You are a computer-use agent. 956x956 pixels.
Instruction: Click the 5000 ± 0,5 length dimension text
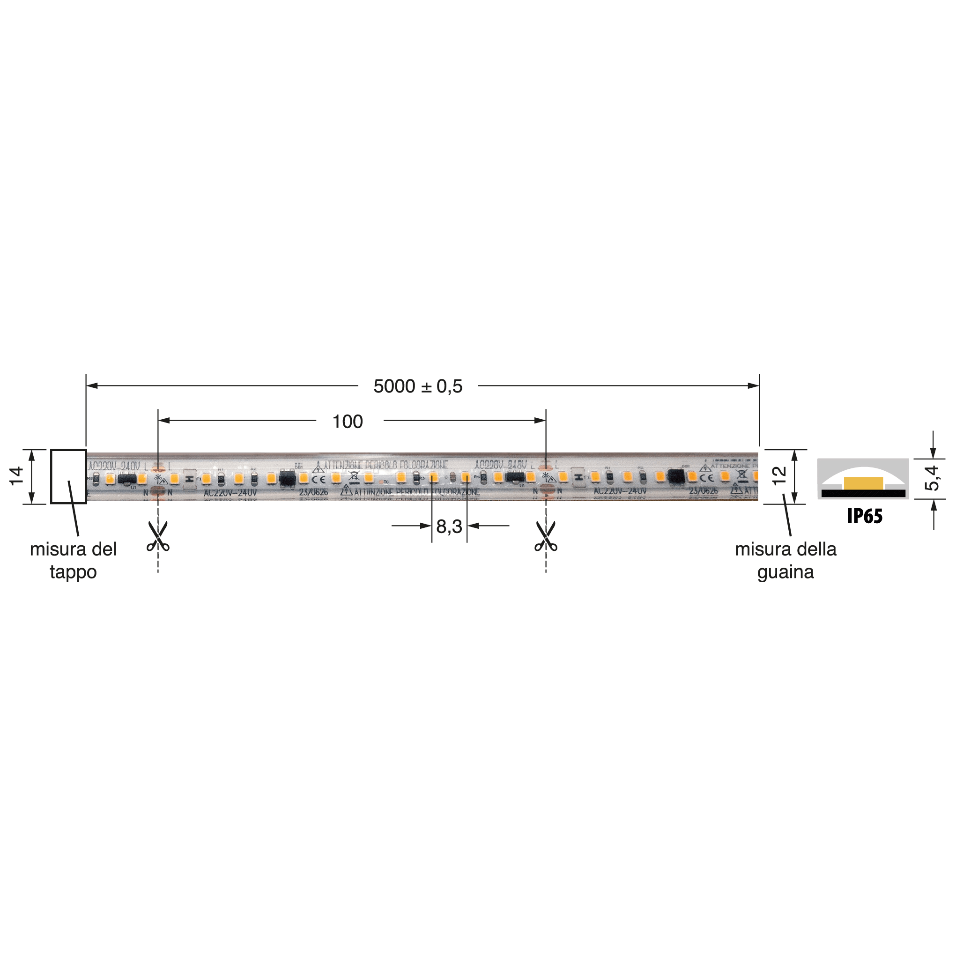coord(418,386)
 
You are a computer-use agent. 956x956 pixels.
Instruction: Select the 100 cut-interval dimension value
coord(348,422)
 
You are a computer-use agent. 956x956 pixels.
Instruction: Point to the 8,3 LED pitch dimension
coord(449,526)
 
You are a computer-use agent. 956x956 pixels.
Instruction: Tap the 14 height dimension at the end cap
coord(17,475)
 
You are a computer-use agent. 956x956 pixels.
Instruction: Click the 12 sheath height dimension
coord(779,475)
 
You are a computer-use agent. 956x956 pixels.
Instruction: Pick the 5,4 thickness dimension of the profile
coord(932,478)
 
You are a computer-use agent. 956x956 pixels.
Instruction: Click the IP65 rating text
coord(865,516)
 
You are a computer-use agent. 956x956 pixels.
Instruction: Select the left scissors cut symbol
coord(158,537)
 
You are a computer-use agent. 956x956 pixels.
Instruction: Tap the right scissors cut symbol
coord(546,537)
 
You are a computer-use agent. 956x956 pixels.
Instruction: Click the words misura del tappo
coord(73,560)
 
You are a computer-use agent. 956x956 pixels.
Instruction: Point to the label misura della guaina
coord(786,560)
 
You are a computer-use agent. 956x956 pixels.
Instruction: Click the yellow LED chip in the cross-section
coord(863,483)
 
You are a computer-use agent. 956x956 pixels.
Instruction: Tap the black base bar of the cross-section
coord(863,493)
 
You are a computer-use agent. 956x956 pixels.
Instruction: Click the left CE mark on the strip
coord(318,480)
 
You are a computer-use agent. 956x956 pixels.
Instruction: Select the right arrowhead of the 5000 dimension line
coord(753,386)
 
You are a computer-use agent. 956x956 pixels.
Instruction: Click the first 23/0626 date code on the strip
coord(313,492)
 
